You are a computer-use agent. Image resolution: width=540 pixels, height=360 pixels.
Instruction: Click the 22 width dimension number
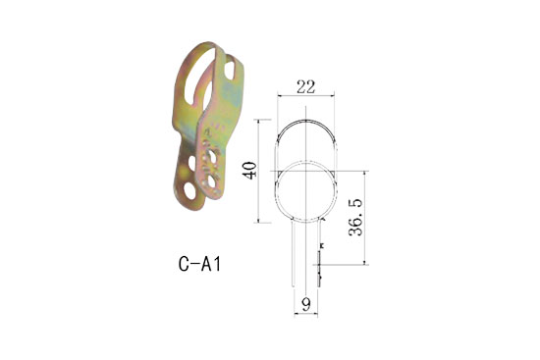tap(305, 86)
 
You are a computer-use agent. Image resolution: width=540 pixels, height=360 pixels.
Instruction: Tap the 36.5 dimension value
tap(356, 218)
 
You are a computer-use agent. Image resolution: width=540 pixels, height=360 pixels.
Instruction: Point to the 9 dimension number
tap(305, 303)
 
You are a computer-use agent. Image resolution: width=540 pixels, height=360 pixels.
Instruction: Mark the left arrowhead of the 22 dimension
tap(279, 96)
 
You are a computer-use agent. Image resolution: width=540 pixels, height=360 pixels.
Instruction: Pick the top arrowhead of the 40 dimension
tap(259, 122)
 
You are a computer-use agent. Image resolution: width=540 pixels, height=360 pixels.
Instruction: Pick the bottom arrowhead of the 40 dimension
tap(259, 221)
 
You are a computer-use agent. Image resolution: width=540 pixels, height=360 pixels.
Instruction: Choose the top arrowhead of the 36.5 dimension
tap(364, 173)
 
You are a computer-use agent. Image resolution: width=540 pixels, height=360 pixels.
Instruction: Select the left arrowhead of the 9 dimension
tap(295, 313)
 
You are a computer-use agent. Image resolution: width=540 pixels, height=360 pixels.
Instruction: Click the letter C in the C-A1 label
tap(184, 264)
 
